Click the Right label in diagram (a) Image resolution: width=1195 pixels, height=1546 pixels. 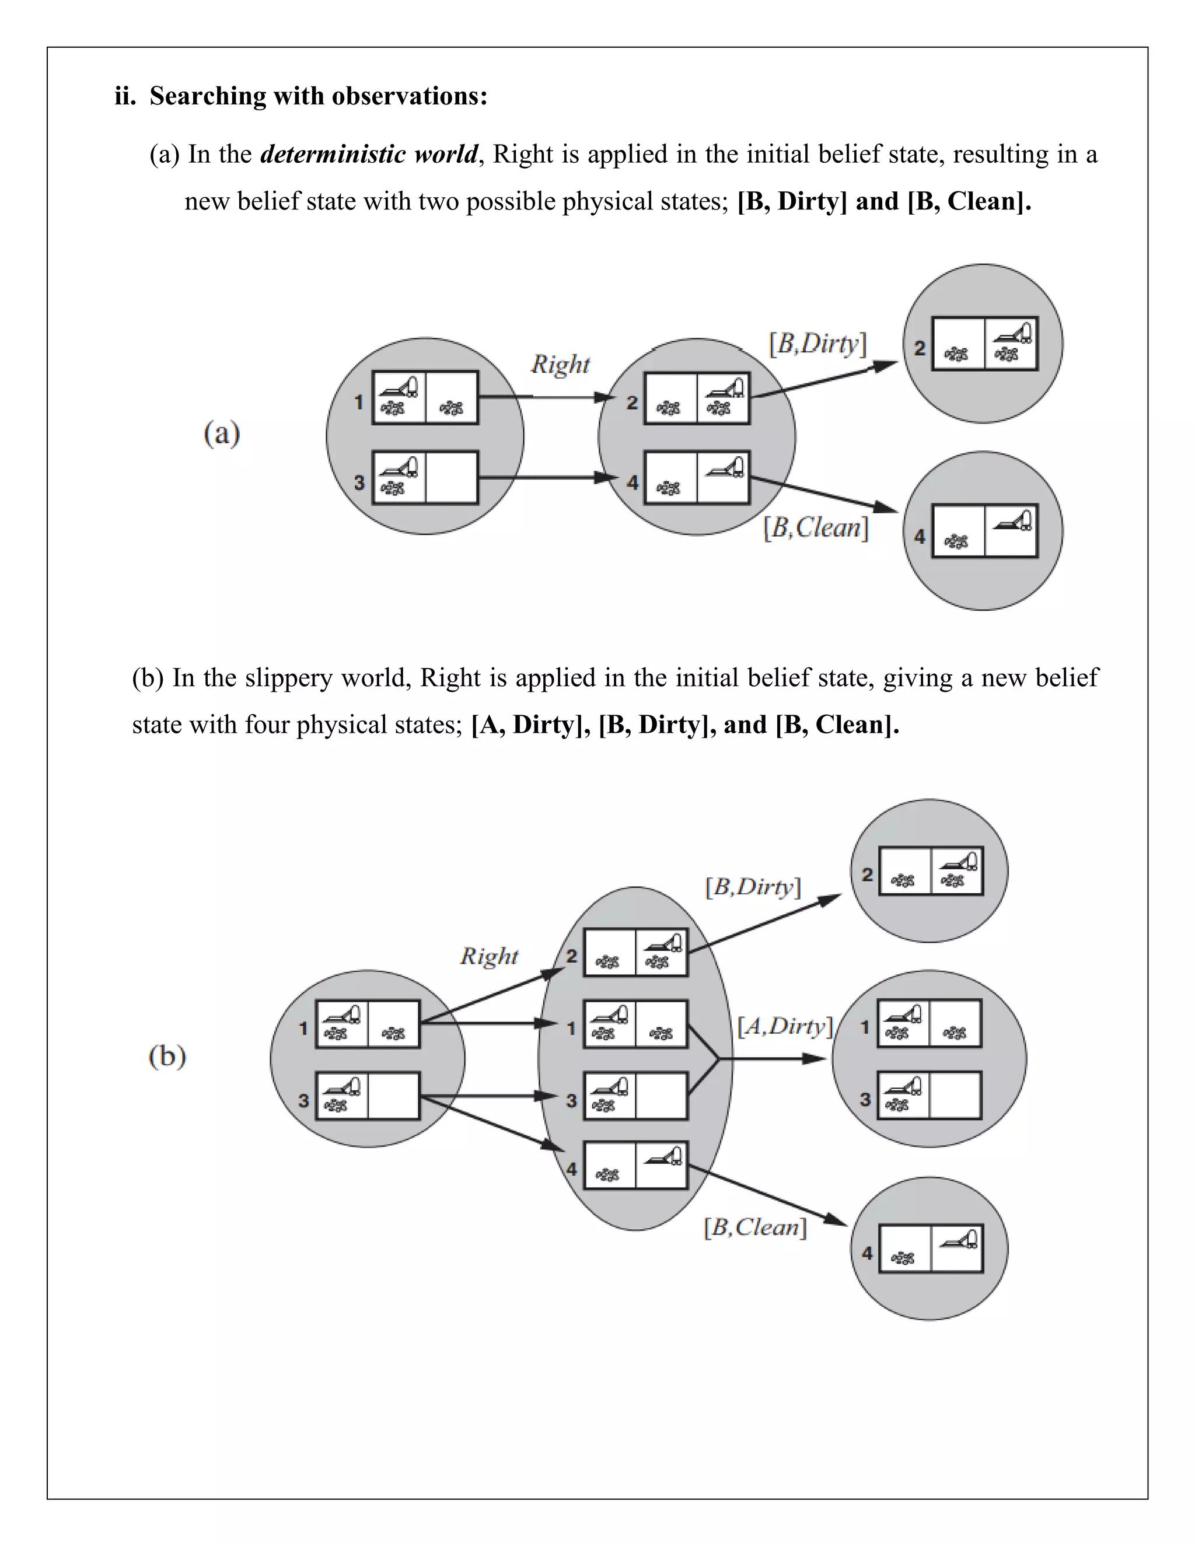pos(560,365)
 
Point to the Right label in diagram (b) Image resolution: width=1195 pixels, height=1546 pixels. pos(489,956)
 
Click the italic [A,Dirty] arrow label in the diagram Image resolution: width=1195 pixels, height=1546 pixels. pos(784,1026)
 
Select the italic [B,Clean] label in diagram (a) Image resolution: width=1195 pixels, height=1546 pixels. pos(815,528)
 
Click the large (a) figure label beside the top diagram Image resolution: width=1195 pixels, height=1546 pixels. pos(222,433)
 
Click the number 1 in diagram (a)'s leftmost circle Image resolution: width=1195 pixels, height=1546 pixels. pos(359,402)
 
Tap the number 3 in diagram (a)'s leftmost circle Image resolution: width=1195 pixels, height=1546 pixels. pos(359,483)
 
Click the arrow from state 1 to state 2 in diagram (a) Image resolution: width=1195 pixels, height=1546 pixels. pos(545,397)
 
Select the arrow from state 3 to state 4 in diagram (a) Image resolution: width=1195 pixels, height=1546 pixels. pos(545,478)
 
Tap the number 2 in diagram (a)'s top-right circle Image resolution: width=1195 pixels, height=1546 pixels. pos(920,348)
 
